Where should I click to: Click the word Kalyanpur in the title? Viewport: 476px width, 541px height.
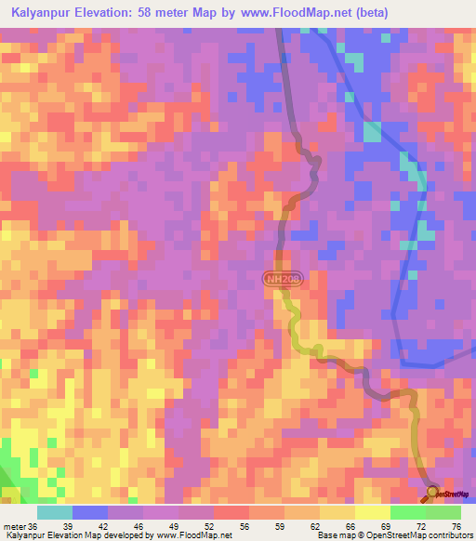[46, 13]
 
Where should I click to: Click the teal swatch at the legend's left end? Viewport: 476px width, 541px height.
[55, 511]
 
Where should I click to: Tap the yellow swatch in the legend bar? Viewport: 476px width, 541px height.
[373, 511]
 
